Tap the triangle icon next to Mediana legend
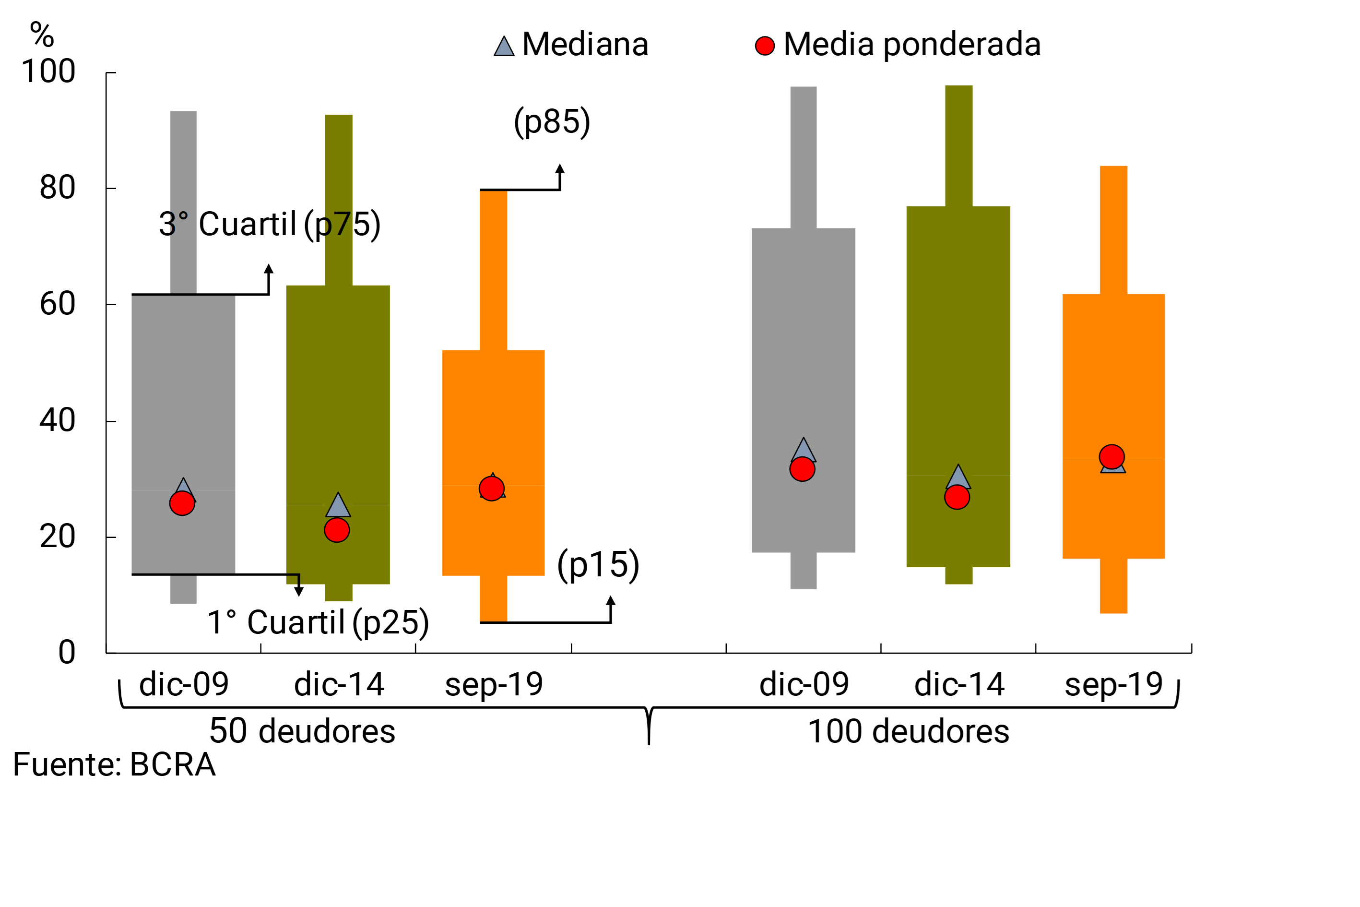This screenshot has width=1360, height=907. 504,47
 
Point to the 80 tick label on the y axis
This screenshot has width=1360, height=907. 57,188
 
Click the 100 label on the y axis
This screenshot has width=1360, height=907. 48,72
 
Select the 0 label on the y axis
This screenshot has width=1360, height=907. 67,653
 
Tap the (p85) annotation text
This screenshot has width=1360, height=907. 552,121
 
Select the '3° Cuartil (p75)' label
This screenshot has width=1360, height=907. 270,225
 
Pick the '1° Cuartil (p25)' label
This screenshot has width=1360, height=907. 318,622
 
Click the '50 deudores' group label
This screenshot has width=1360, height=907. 302,731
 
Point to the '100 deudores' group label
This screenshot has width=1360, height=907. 909,731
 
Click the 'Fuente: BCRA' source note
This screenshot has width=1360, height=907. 114,764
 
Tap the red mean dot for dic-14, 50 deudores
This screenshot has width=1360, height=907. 337,530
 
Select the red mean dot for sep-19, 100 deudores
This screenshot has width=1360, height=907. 1112,457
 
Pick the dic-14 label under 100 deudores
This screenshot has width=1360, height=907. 959,685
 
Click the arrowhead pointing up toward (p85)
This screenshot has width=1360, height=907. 560,168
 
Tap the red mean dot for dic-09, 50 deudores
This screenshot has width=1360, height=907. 182,503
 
